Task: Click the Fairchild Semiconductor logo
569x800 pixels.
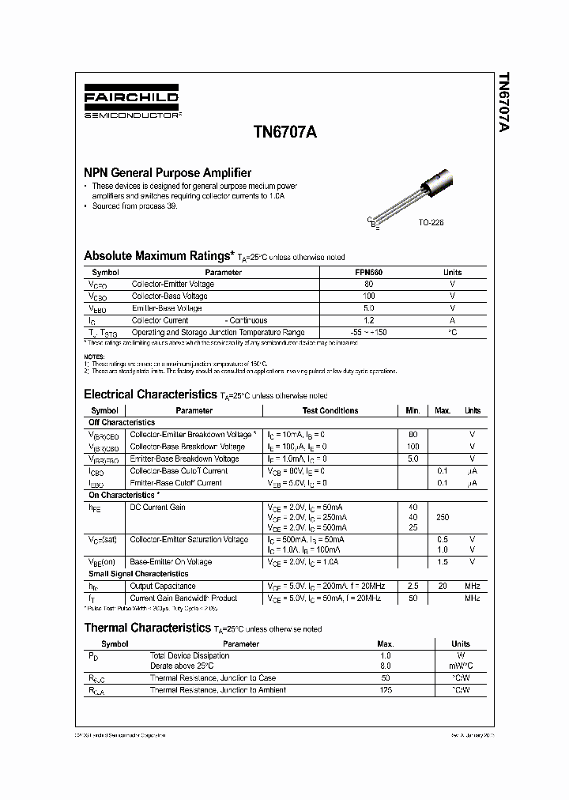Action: coord(132,104)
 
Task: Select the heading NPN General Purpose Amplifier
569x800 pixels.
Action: coord(168,172)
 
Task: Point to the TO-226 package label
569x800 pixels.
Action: coord(431,223)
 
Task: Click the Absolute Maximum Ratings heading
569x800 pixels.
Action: coord(159,256)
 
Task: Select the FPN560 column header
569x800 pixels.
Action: coord(368,272)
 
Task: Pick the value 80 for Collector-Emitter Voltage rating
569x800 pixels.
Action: coord(368,284)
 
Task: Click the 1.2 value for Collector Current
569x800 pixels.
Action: coord(368,320)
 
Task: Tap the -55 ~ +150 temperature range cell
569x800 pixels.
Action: coord(368,333)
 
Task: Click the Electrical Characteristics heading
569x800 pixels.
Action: coord(149,394)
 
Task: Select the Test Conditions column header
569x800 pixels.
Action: coord(330,410)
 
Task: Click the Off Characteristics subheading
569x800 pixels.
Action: coord(122,422)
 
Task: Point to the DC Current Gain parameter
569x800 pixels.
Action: coord(157,507)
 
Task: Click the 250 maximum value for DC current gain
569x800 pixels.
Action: coord(443,517)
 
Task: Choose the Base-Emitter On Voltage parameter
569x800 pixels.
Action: coord(171,561)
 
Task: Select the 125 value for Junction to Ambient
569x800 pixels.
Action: coord(386,690)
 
